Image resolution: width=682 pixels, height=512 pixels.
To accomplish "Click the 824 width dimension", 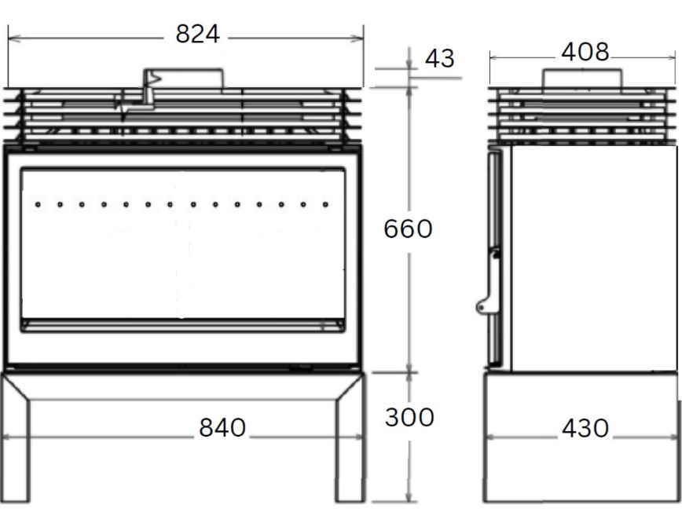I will [x=198, y=35].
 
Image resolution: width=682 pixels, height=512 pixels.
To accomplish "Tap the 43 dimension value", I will [x=439, y=58].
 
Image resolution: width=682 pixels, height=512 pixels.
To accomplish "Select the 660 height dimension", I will [x=409, y=229].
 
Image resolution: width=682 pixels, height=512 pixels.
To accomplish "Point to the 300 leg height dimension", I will [x=409, y=417].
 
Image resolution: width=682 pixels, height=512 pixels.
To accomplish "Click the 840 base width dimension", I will [x=222, y=428].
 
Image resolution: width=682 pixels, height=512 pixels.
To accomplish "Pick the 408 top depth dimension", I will [x=585, y=53].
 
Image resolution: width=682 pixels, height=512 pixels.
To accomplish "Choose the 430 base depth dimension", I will [x=585, y=429].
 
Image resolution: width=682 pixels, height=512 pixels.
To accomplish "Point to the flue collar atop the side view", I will [x=582, y=78].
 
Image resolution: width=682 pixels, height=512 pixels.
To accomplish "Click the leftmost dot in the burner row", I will [x=38, y=205].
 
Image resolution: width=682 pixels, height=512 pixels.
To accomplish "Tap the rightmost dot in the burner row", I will [x=325, y=205].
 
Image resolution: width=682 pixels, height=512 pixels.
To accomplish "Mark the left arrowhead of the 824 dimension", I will [x=11, y=36].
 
